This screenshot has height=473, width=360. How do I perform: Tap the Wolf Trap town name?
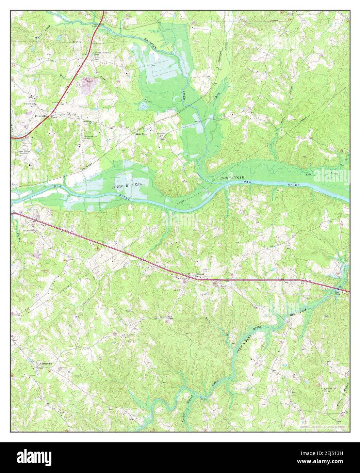click(141, 134)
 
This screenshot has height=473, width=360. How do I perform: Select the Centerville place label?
click(44, 363)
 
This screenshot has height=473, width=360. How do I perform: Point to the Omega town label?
click(201, 275)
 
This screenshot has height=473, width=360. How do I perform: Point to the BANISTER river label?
click(149, 43)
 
